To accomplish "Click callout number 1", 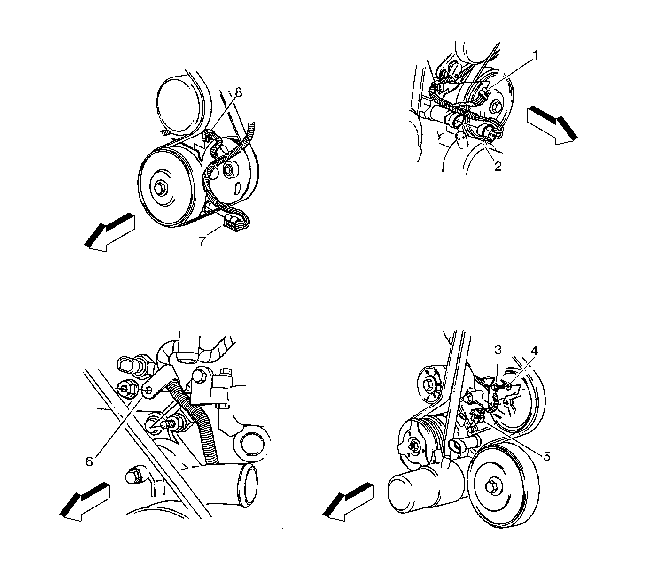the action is [535, 55].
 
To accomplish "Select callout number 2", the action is [498, 166].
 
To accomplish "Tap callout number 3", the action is [498, 350].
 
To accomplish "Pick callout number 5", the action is [547, 456].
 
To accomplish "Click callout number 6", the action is [89, 461].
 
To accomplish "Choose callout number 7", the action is [202, 241].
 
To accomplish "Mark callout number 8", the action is [238, 92].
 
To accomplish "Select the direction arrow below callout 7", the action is [109, 232].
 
